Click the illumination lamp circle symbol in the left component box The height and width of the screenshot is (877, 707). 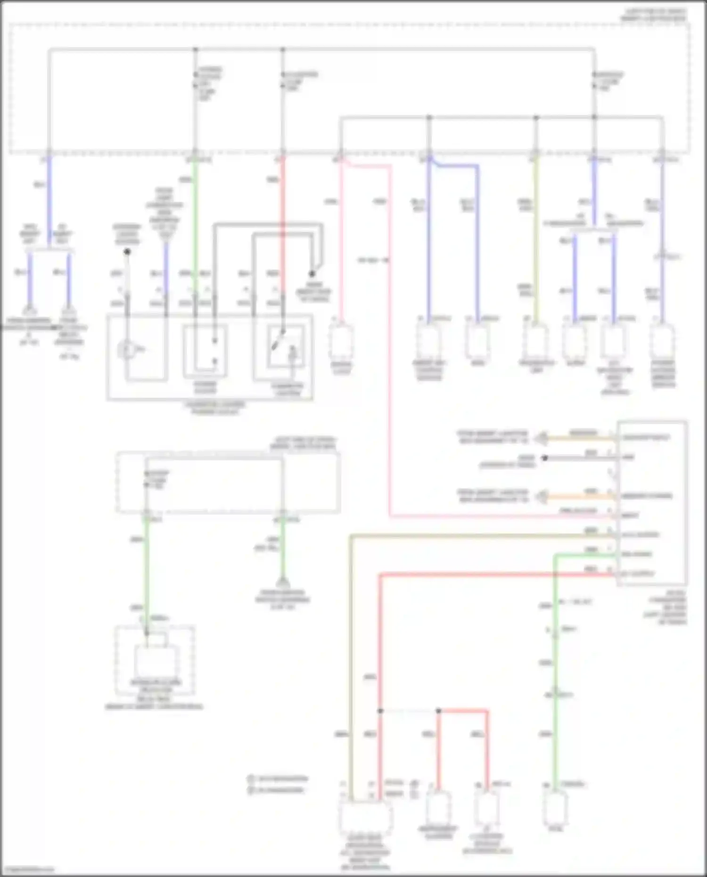pos(126,350)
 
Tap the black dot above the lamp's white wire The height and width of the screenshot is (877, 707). pos(127,252)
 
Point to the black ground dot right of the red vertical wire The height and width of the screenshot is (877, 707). pos(312,273)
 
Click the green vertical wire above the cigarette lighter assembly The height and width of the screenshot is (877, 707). pos(195,212)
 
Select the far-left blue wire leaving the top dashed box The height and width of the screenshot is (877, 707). pos(49,198)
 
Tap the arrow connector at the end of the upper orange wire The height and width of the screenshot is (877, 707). pos(543,438)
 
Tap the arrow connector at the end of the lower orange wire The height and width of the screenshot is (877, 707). pos(543,496)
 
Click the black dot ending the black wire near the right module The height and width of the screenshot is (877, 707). pos(544,458)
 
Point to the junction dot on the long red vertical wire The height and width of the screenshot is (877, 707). pos(380,711)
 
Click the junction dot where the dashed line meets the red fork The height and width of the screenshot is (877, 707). pos(438,711)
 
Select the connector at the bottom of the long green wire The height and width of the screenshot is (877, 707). pos(556,807)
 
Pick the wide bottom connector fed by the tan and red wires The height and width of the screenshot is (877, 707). pos(365,818)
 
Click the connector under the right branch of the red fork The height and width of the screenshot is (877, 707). pos(487,807)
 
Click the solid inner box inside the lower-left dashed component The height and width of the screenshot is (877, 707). pos(156,661)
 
